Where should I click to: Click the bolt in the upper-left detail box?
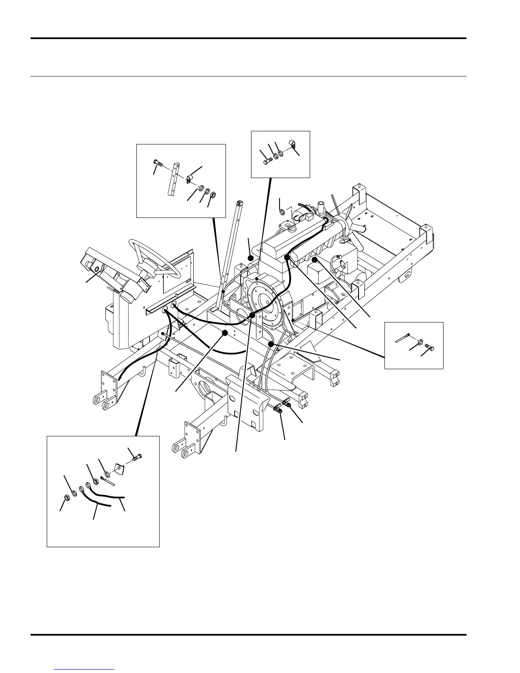click(x=158, y=163)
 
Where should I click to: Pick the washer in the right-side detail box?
click(x=419, y=342)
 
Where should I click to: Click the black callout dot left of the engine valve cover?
click(x=251, y=258)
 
